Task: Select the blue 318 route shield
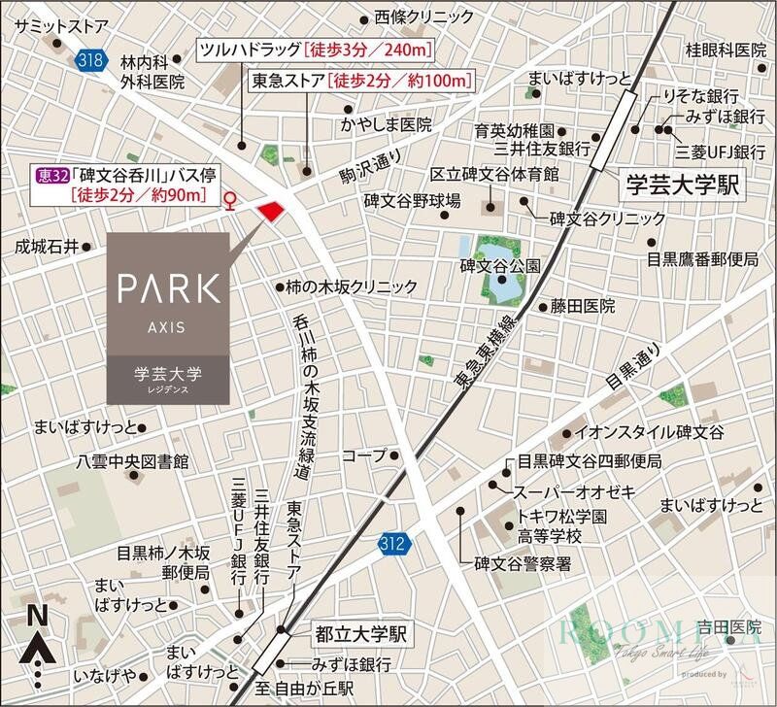[x=87, y=60]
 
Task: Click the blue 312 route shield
[x=392, y=543]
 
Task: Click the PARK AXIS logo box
[x=168, y=317]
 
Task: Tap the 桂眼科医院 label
[x=726, y=50]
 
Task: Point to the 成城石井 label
[x=46, y=247]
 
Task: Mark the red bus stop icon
[x=230, y=201]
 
